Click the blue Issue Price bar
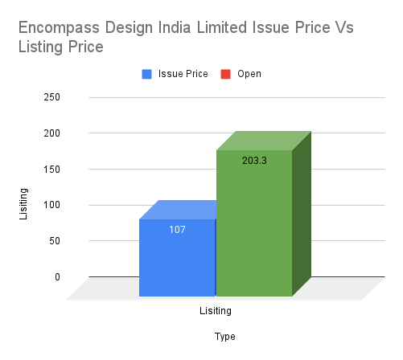(177, 257)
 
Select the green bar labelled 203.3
(253, 225)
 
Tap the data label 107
(178, 230)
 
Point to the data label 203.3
(254, 161)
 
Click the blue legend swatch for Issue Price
(147, 74)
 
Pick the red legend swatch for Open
(226, 74)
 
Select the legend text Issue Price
(183, 74)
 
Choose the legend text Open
(249, 74)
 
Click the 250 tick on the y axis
(52, 97)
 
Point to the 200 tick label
(52, 133)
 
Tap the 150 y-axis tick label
(52, 169)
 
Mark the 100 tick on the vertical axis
(52, 205)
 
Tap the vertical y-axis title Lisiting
(24, 204)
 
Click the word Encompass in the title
(55, 28)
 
